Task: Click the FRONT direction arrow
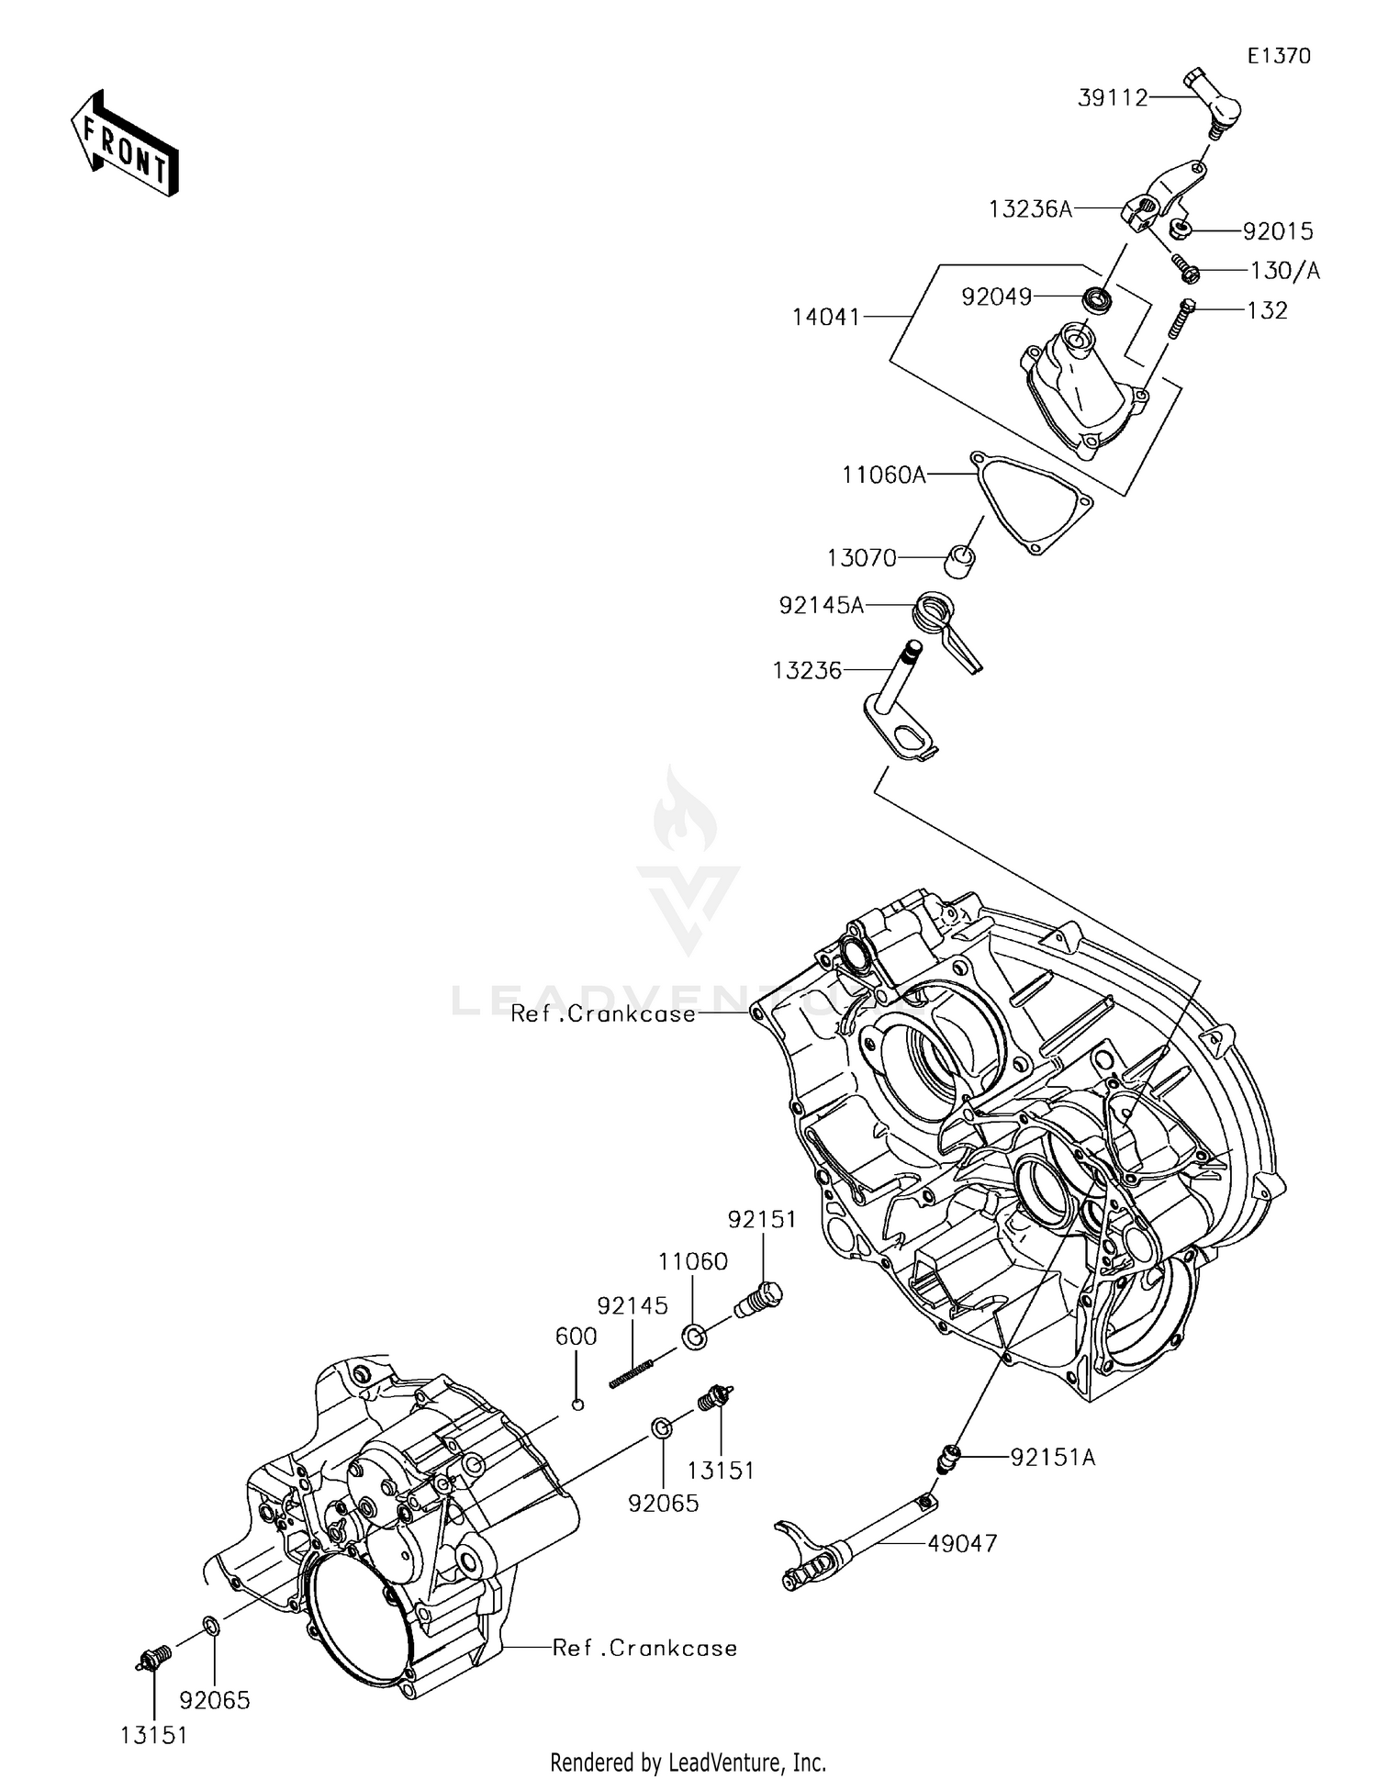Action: pos(125,144)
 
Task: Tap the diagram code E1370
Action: pos(1279,56)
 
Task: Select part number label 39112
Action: pos(1113,98)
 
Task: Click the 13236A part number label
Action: pos(1030,209)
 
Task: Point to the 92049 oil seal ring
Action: pos(1097,297)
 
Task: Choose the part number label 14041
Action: pos(826,318)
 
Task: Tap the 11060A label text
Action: pos(884,475)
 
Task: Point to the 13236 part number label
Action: pos(807,671)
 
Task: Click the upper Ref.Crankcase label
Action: pos(602,1013)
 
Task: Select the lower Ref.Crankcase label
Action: pos(644,1648)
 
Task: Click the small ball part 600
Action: pos(577,1404)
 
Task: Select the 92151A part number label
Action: pos(1053,1457)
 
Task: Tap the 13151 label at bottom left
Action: pos(153,1735)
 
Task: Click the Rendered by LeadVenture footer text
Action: pos(688,1762)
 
